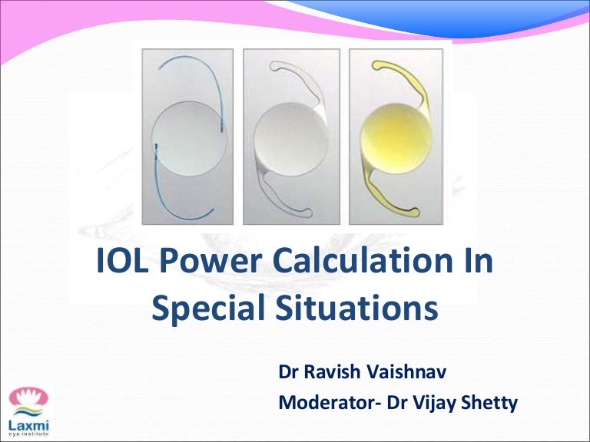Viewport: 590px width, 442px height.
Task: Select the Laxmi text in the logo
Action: (28, 423)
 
